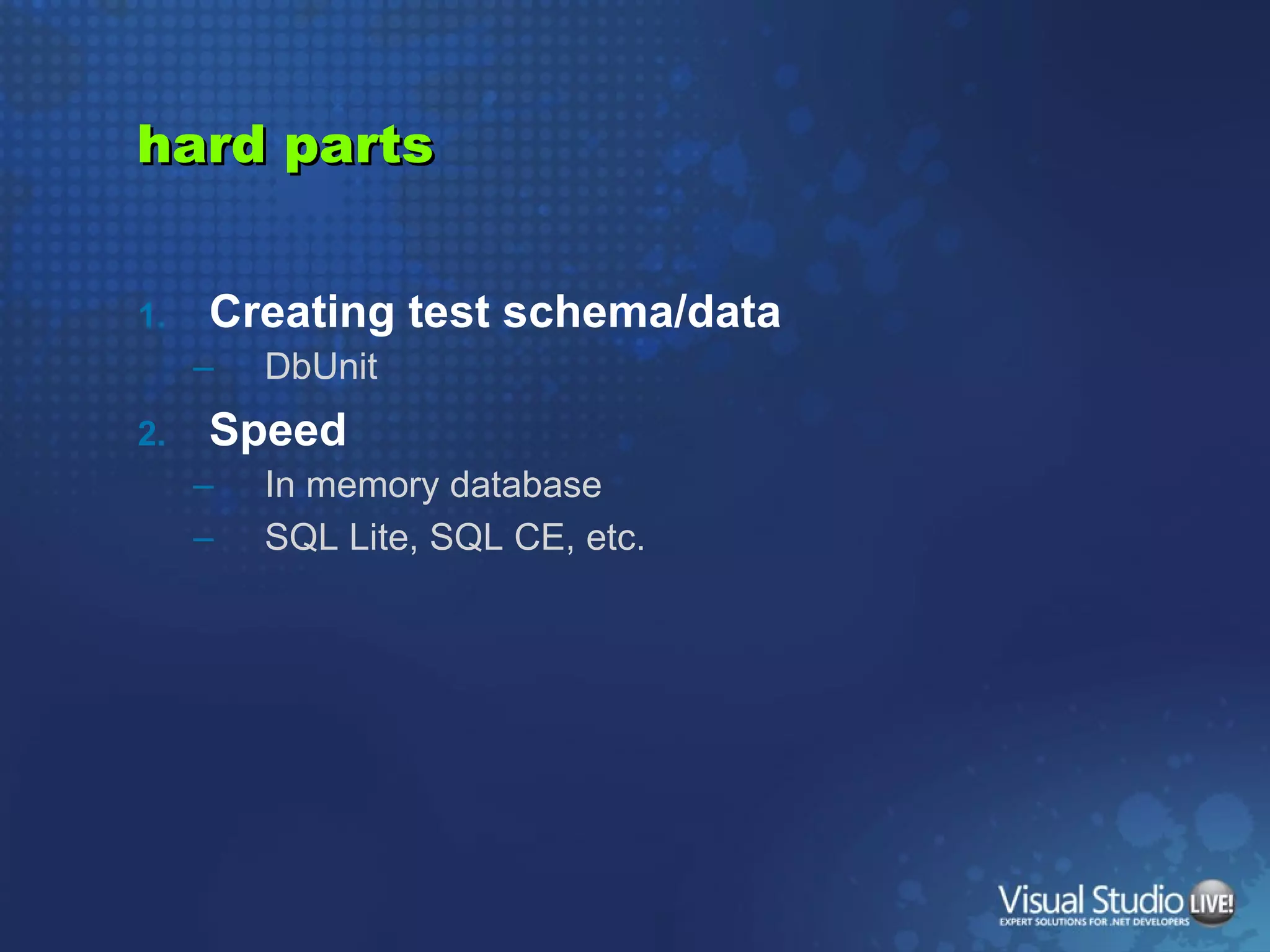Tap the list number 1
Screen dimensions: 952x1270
pos(151,316)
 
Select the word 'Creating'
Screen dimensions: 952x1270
pos(301,312)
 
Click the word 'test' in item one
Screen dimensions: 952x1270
pos(449,312)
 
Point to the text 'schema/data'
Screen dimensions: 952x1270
pos(641,312)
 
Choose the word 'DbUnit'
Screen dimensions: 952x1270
pos(321,366)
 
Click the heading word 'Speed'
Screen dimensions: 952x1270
pos(278,430)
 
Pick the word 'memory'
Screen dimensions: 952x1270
pos(373,485)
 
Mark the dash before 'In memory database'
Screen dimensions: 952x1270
pos(203,487)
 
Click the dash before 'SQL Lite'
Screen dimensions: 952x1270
pos(203,540)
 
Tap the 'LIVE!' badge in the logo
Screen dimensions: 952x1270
pos(1211,902)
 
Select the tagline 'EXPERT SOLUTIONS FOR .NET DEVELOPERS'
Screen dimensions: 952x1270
pos(1094,922)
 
